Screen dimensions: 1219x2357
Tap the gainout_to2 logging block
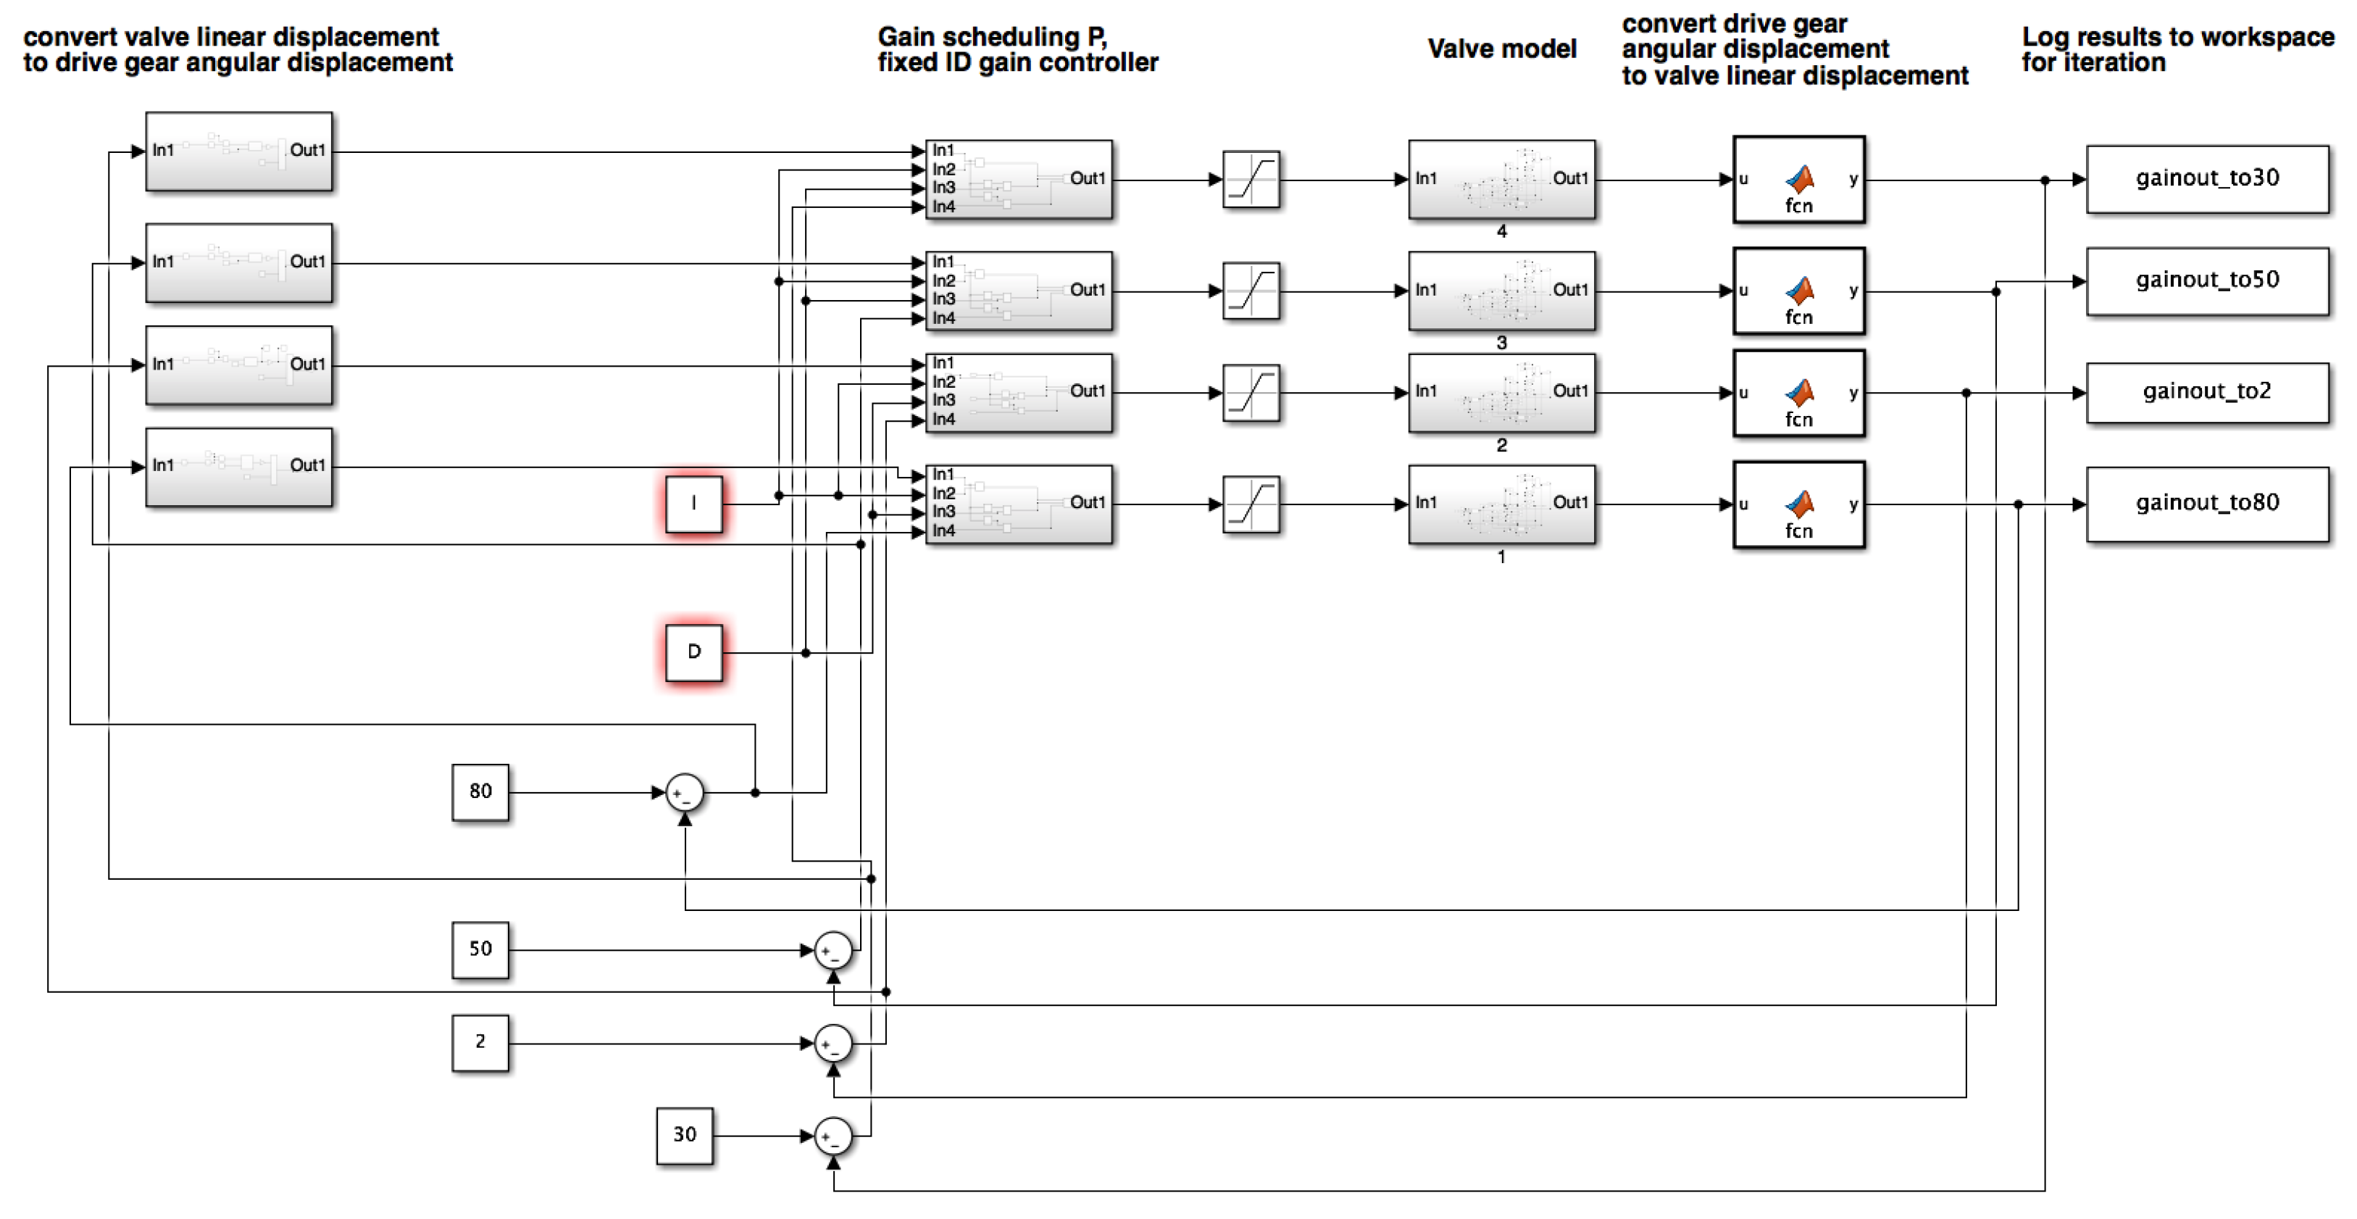[x=2206, y=391]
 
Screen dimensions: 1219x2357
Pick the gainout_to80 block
[x=2206, y=504]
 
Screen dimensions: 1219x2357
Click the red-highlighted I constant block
[x=693, y=504]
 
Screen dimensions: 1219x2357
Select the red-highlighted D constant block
[x=693, y=652]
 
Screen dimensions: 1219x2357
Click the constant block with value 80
[x=480, y=791]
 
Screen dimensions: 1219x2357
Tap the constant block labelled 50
[x=480, y=949]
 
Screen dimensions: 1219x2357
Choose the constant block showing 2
[x=480, y=1042]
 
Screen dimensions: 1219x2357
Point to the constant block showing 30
[x=685, y=1135]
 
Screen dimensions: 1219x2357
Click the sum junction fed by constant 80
[x=685, y=793]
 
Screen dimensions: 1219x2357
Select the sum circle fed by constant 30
[x=833, y=1136]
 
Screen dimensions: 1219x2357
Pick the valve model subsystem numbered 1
[x=1501, y=504]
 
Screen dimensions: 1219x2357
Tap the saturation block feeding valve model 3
[x=1251, y=291]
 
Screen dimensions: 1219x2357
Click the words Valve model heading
[x=1501, y=49]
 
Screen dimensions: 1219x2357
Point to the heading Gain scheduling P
[x=992, y=38]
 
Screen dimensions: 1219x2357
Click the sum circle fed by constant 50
[x=833, y=951]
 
